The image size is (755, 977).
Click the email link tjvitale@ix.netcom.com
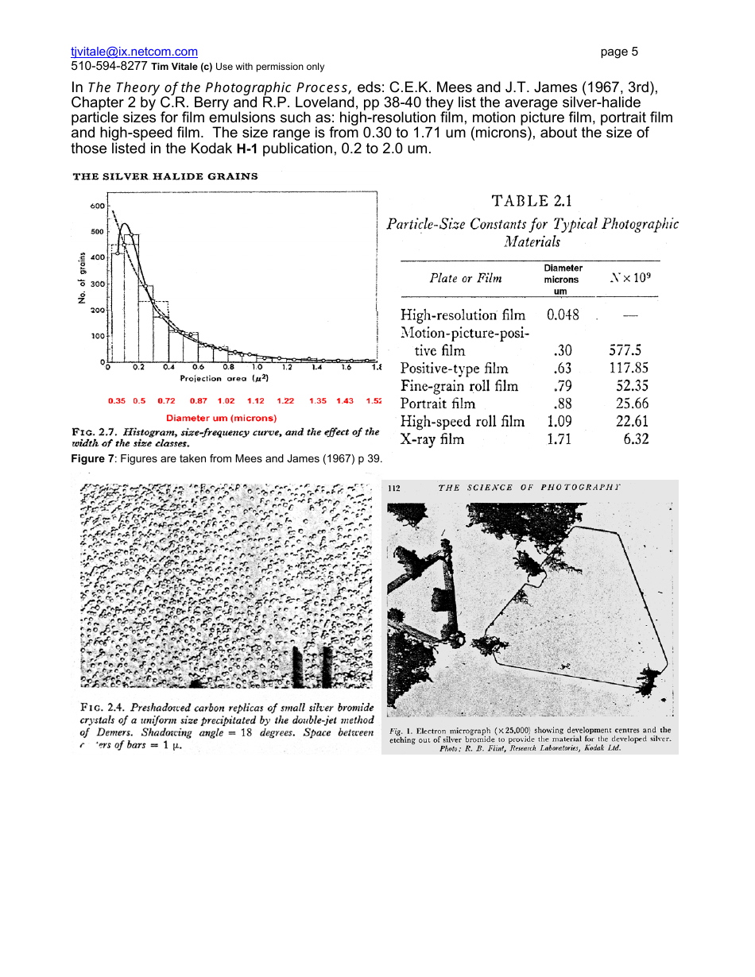coord(134,52)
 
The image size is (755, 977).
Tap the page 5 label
coord(619,52)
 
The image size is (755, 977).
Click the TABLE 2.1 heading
coord(532,201)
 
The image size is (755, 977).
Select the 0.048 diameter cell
coord(563,315)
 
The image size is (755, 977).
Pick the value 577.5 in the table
coord(625,350)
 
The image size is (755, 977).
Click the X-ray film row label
coord(432,439)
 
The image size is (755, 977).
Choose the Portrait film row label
coord(438,404)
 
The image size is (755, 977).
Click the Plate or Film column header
coord(466,278)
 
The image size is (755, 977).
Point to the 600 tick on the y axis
coord(97,206)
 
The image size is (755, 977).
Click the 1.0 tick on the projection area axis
coord(257,368)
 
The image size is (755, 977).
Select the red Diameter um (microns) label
coord(221,418)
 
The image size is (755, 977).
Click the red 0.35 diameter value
coord(116,401)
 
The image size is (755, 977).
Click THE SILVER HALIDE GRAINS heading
coord(165,176)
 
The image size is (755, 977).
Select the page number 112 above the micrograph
coord(395,488)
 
